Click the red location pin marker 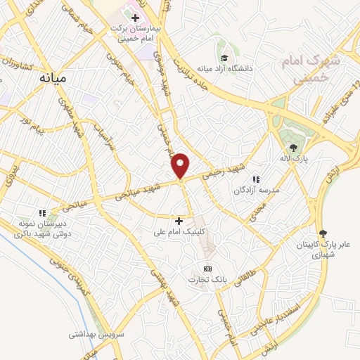pos(181,166)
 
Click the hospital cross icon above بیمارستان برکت pos(135,16)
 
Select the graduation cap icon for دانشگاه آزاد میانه pos(224,58)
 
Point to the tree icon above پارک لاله pos(293,147)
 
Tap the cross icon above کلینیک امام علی pos(179,221)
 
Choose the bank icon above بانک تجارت pos(207,269)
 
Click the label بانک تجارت pos(203,281)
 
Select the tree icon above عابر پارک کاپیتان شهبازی pos(323,233)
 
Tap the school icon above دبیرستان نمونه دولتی pos(42,212)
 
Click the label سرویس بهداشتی pos(96,334)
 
